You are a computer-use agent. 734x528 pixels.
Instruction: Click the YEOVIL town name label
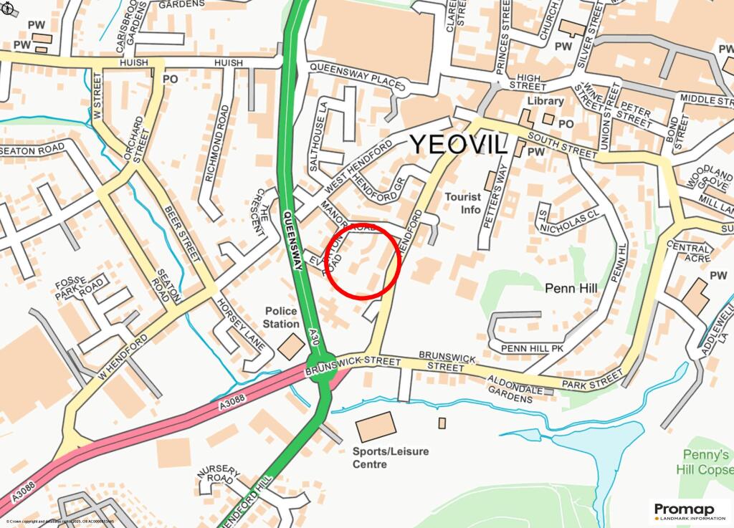[459, 144]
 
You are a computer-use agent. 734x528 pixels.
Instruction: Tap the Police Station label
[282, 317]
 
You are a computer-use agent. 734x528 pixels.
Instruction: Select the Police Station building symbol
[290, 346]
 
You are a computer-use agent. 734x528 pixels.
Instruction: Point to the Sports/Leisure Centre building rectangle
[376, 427]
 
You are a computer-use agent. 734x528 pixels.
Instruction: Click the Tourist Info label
[462, 203]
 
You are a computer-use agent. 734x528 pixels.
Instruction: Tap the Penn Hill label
[571, 288]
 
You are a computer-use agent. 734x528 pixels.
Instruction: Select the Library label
[545, 101]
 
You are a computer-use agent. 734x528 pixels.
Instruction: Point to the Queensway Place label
[356, 75]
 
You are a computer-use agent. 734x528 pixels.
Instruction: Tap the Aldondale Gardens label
[515, 385]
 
